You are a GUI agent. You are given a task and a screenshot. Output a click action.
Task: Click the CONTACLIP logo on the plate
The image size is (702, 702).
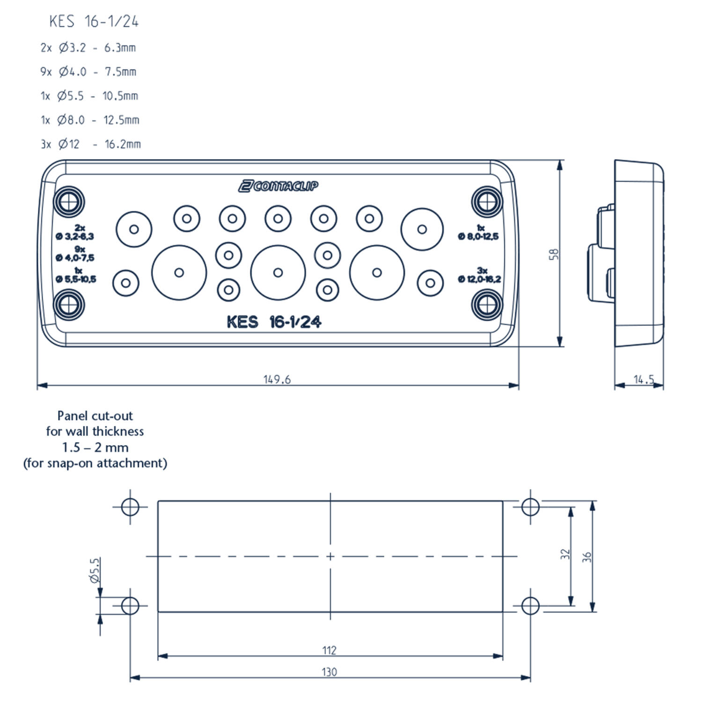pos(278,186)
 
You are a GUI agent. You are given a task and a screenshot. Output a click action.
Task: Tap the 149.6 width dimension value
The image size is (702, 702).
pos(277,379)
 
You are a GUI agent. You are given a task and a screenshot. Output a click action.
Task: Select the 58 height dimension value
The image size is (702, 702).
pos(554,254)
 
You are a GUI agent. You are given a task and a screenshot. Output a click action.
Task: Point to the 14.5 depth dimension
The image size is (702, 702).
pos(643,379)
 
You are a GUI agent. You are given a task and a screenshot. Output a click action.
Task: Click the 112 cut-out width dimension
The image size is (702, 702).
pos(329,650)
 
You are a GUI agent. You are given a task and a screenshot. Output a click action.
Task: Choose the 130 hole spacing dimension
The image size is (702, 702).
pos(329,672)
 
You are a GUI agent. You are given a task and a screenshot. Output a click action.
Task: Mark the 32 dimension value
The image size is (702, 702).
pos(566,554)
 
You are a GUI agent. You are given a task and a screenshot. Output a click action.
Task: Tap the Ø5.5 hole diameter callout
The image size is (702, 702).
pos(95,570)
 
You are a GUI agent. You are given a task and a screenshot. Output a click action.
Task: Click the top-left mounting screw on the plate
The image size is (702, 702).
pos(70,202)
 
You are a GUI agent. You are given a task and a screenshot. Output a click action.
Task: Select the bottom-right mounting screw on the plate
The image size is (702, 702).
pos(487,305)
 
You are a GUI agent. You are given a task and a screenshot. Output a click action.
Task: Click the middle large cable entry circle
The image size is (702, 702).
pos(278,272)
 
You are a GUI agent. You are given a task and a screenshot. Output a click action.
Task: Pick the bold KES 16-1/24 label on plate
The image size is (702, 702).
pos(274,322)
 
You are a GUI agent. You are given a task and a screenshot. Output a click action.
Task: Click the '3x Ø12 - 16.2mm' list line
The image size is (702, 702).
pos(91,144)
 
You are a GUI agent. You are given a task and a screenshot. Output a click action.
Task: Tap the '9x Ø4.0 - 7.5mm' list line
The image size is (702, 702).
pos(88,72)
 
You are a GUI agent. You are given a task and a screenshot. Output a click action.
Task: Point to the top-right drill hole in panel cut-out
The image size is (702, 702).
pos(530,506)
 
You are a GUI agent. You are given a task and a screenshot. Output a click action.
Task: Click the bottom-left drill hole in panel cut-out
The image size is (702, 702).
pos(130,606)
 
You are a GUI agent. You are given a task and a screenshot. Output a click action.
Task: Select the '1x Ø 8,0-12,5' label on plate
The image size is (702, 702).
pos(478,233)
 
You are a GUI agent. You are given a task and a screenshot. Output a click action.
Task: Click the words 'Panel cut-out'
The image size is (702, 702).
pos(95,416)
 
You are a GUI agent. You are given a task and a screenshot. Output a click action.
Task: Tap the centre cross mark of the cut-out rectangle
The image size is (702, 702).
pos(330,556)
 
